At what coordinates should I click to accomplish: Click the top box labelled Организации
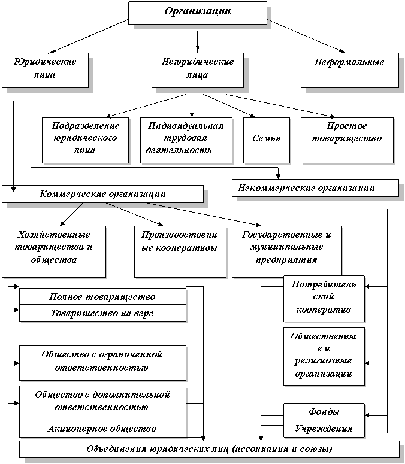coord(198,13)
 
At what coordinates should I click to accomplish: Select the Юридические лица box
coord(45,69)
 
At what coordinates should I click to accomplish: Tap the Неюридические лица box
coord(197,69)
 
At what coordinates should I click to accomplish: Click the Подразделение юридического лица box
coord(85,139)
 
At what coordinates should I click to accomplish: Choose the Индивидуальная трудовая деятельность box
coord(186,139)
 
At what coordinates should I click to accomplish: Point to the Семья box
coord(266,139)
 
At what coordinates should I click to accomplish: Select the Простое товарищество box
coord(347,139)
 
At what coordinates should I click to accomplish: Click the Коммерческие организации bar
coord(102,194)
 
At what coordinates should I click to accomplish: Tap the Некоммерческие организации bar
coord(315,188)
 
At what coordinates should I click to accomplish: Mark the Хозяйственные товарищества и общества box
coord(54,251)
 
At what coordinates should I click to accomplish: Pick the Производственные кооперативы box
coord(180,251)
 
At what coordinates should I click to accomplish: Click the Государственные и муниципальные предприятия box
coord(286,251)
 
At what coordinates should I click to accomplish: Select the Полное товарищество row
coord(102,297)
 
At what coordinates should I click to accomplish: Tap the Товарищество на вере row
coord(102,313)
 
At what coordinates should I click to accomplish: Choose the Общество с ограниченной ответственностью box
coord(102,362)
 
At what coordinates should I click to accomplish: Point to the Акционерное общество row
coord(102,429)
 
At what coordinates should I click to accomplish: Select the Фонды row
coord(324,412)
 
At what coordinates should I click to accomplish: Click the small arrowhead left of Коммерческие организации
coord(13,190)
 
